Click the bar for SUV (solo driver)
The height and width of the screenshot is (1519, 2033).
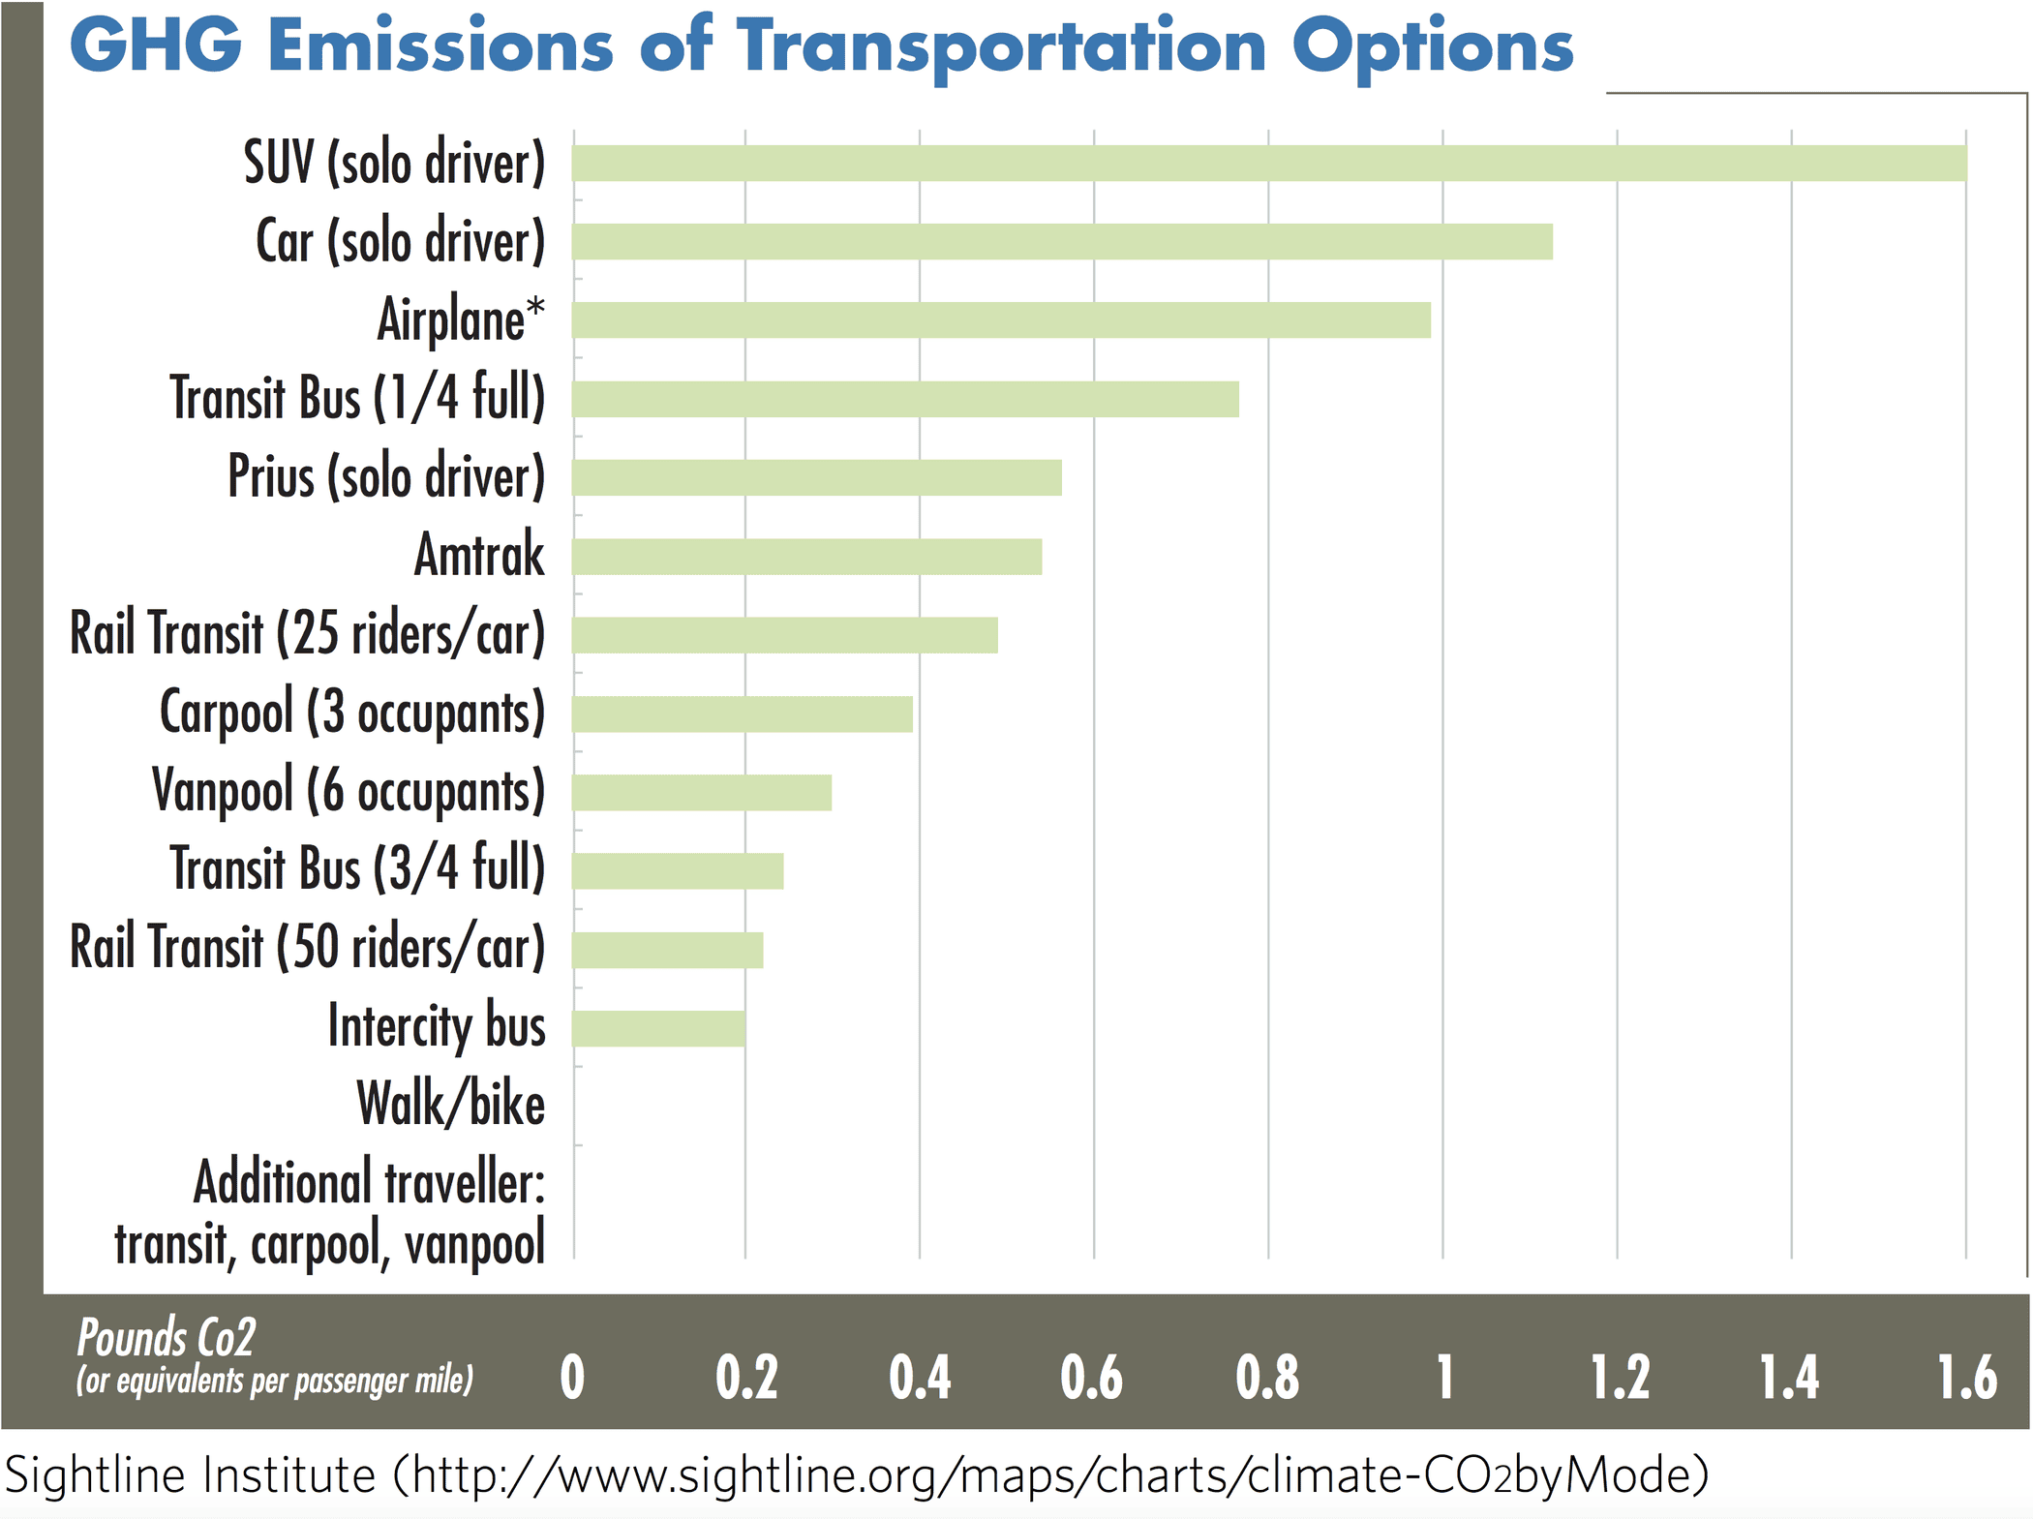(1268, 163)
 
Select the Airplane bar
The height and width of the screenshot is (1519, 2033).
(1001, 319)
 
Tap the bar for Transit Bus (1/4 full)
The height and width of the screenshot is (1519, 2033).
(905, 399)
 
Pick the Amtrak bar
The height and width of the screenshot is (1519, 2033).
(806, 557)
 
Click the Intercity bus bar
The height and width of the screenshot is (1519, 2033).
(658, 1028)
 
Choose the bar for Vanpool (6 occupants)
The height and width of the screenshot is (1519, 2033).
(702, 792)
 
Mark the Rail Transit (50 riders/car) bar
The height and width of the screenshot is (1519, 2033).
(668, 950)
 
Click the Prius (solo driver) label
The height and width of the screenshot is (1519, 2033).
(386, 476)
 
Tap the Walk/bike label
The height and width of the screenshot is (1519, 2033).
(450, 1105)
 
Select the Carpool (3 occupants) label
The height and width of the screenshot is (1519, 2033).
(352, 713)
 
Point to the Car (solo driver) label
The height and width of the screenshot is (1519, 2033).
(400, 241)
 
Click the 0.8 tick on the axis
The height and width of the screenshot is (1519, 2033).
(1267, 1378)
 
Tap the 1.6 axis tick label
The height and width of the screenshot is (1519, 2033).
(1966, 1378)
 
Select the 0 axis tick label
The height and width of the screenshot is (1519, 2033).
(572, 1378)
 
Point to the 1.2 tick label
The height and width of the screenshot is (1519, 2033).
(1620, 1378)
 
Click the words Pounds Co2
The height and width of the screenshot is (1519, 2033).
(166, 1339)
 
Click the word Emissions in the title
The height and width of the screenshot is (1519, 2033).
(440, 46)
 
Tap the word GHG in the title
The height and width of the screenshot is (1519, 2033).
(155, 46)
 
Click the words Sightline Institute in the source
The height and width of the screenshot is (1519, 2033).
(190, 1475)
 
